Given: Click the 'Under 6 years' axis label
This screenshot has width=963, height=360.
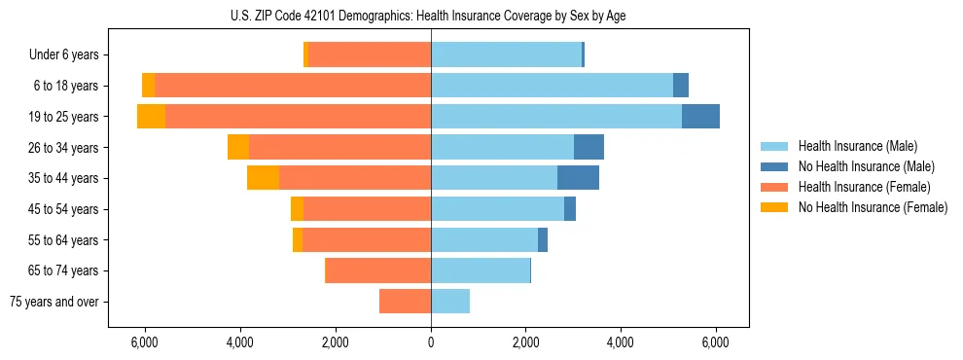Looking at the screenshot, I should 63,55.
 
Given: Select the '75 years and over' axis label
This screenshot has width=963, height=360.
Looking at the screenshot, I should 54,302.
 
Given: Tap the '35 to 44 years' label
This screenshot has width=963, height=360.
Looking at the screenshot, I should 63,178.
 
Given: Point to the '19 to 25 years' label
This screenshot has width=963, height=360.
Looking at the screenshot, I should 63,117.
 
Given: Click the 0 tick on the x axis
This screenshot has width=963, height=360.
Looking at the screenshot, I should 431,342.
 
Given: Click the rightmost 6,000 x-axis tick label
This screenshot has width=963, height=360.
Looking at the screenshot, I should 716,342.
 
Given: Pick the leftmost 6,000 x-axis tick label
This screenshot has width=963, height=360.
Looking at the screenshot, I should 145,342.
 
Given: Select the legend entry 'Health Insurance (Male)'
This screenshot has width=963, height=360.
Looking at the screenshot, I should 857,146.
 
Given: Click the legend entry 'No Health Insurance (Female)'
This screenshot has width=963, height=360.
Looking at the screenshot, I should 873,207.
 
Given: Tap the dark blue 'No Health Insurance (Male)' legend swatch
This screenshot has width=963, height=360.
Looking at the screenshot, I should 774,166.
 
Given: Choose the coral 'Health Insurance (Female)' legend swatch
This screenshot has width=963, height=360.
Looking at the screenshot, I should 774,187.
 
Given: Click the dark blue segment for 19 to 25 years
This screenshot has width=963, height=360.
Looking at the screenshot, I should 700,117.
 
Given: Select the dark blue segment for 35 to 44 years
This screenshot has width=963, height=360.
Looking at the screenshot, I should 578,178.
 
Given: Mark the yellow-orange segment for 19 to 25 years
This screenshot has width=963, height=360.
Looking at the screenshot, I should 151,117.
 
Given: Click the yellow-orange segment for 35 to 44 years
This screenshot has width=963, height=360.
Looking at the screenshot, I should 263,178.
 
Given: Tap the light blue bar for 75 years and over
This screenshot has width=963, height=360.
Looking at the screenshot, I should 450,302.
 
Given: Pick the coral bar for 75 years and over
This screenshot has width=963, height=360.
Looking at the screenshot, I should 405,302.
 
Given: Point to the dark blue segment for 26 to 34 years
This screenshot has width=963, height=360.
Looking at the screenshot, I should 588,147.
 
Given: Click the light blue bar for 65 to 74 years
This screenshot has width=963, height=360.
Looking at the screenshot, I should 481,270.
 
